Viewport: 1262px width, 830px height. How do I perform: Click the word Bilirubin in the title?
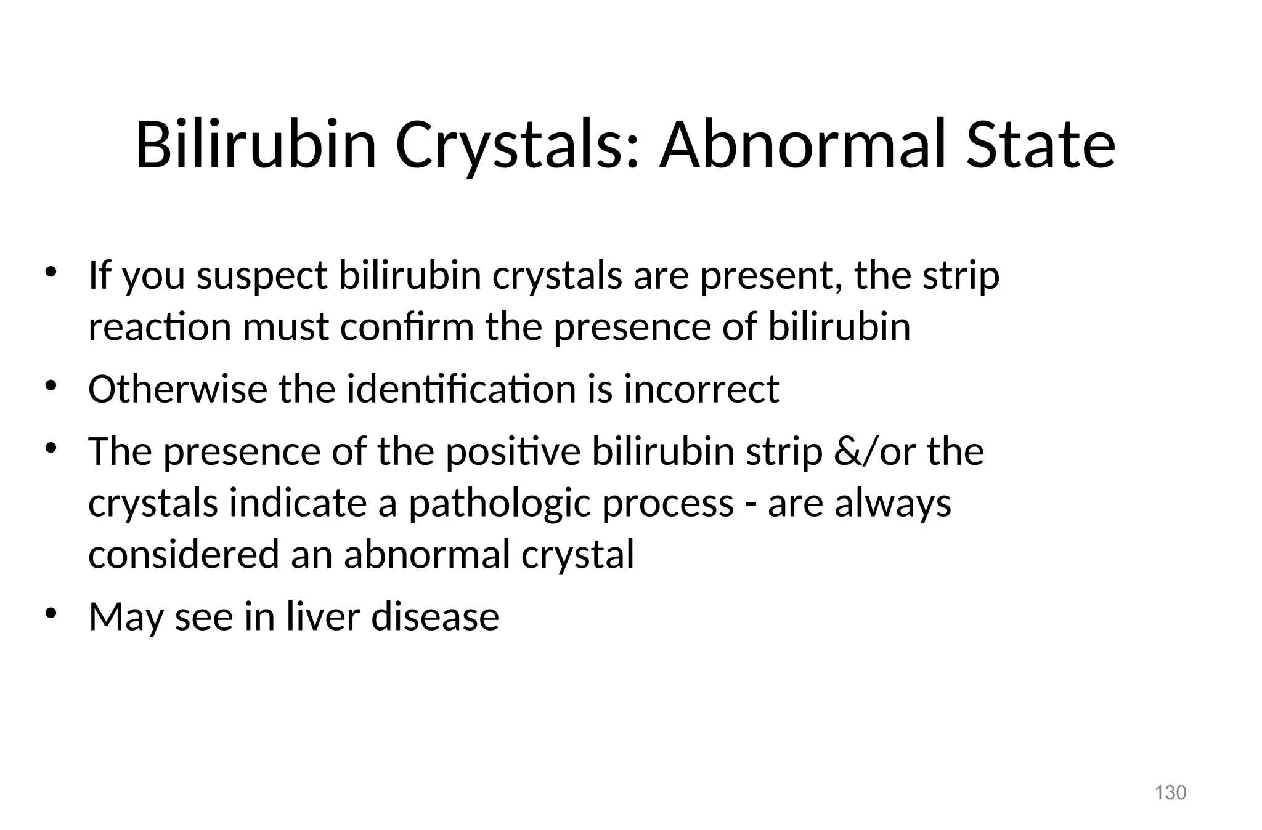click(x=255, y=145)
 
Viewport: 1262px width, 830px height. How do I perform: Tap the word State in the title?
click(x=1041, y=145)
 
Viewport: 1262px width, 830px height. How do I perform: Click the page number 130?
click(x=1170, y=792)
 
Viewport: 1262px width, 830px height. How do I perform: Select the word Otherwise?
click(x=177, y=389)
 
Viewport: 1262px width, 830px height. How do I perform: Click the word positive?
click(x=513, y=451)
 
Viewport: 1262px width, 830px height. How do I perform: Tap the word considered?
click(x=184, y=554)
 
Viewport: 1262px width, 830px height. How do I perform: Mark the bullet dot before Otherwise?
click(x=51, y=387)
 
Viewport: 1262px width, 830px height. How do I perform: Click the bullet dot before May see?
click(x=51, y=614)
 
